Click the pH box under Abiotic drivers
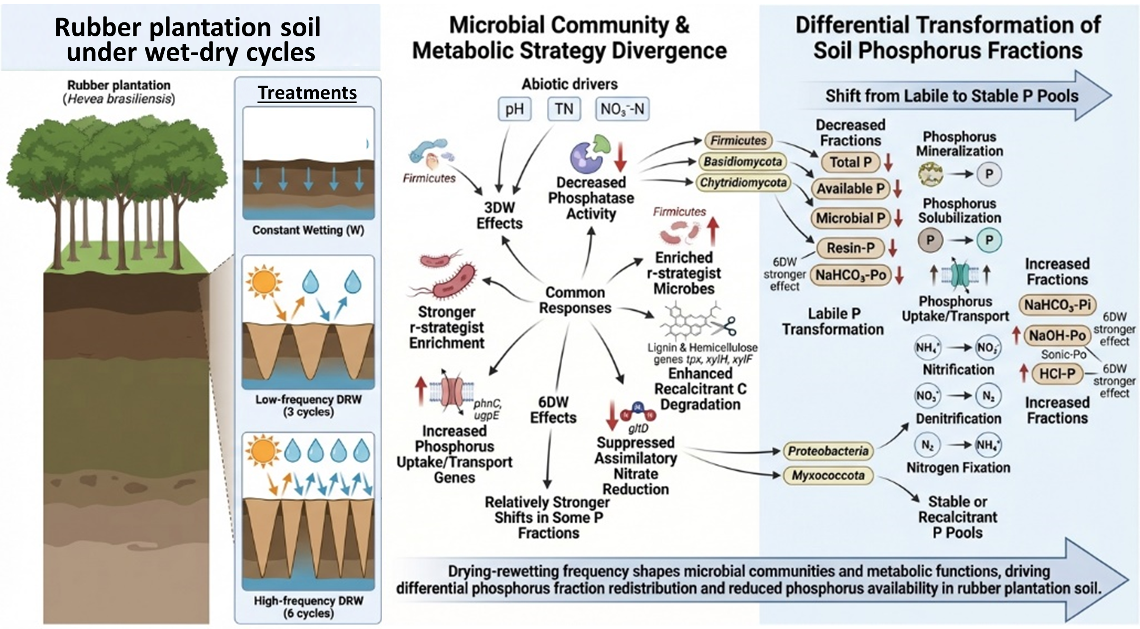pyautogui.click(x=514, y=109)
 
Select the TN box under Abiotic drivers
pyautogui.click(x=564, y=109)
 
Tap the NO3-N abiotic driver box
pyautogui.click(x=622, y=109)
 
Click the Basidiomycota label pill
pyautogui.click(x=742, y=162)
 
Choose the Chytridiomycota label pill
pyautogui.click(x=743, y=183)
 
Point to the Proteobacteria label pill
pyautogui.click(x=828, y=451)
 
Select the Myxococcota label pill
pyautogui.click(x=828, y=475)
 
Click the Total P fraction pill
pyautogui.click(x=850, y=162)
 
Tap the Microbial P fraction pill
pyautogui.click(x=850, y=218)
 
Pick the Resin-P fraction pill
pyautogui.click(x=850, y=248)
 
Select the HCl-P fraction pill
pyautogui.click(x=1057, y=374)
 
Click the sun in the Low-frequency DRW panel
pyautogui.click(x=264, y=282)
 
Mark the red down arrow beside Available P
pyautogui.click(x=897, y=189)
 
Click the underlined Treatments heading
pyautogui.click(x=307, y=93)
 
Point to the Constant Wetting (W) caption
pyautogui.click(x=308, y=230)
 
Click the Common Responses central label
pyautogui.click(x=575, y=300)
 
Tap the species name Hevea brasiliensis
pyautogui.click(x=119, y=99)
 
